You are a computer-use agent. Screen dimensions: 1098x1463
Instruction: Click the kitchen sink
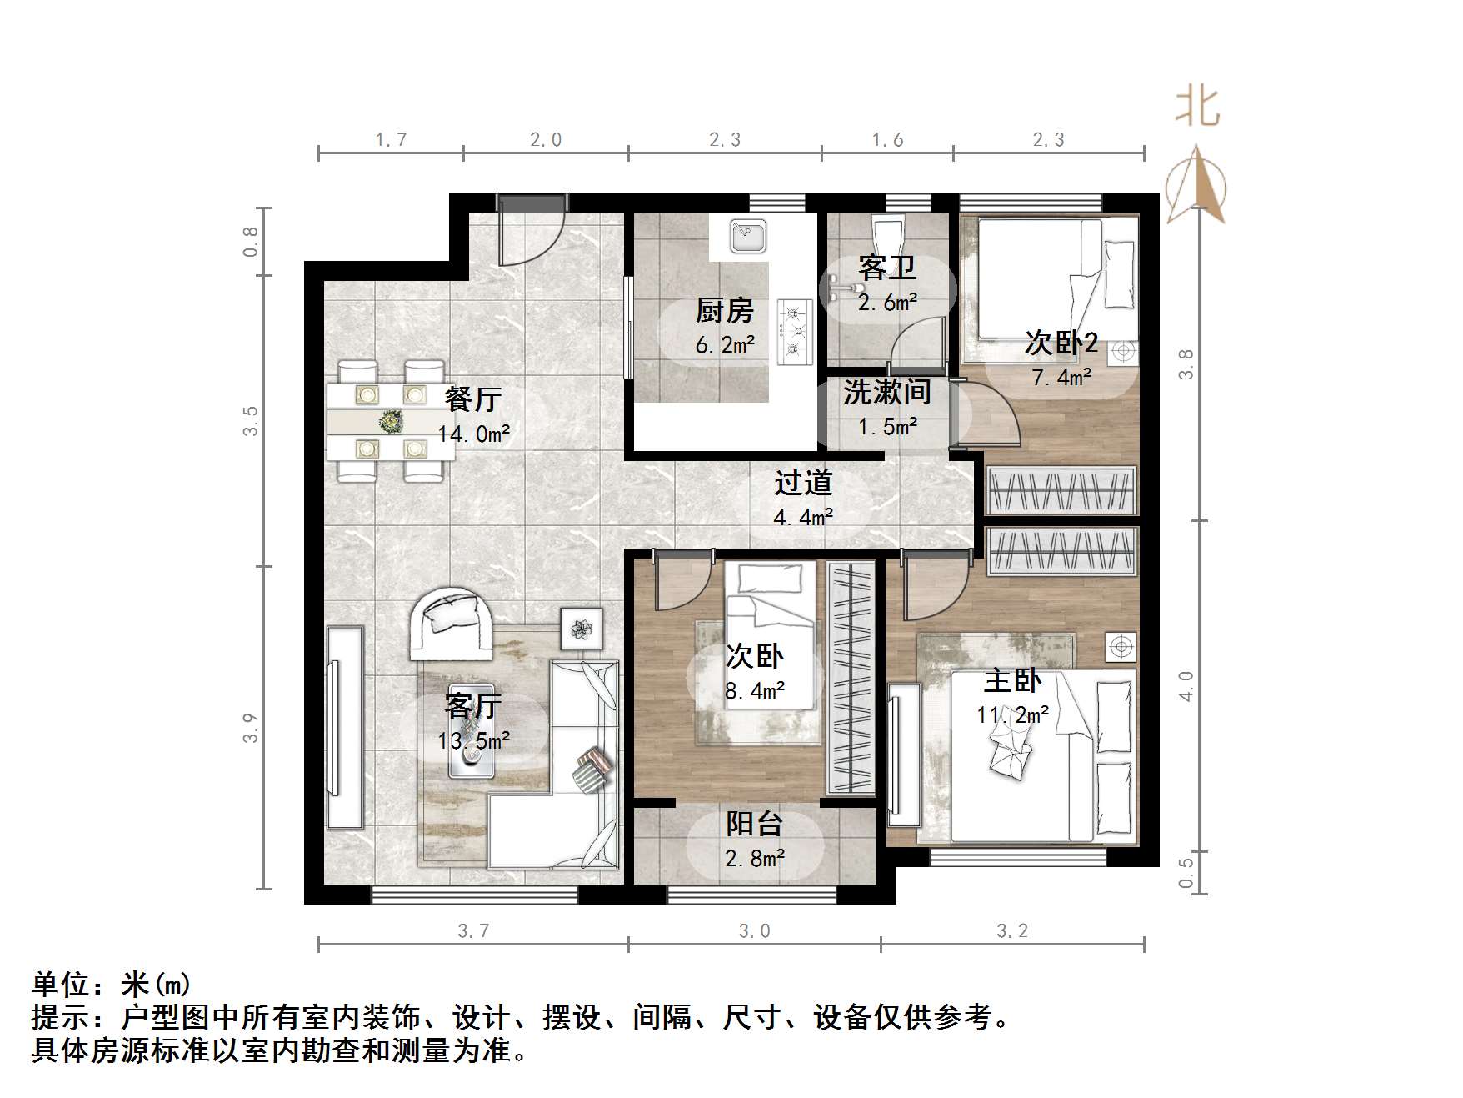748,236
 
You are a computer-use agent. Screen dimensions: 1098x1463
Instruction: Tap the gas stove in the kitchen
794,332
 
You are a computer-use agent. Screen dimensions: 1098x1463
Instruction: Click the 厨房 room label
724,311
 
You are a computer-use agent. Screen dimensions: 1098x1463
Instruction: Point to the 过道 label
803,484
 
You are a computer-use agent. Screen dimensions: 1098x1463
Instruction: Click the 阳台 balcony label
754,824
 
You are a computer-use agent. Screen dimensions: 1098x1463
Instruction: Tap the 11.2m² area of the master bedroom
1012,714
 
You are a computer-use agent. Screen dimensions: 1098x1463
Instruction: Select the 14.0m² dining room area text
473,434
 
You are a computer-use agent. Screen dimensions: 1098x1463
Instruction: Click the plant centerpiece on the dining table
390,422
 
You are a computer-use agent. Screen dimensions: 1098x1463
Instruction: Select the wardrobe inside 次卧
851,678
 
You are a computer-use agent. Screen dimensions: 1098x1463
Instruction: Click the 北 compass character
1197,108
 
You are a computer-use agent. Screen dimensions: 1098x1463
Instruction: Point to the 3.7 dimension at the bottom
473,930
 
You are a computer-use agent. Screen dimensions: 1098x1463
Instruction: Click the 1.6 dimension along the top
887,139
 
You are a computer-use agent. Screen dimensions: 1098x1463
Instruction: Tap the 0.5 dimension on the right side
1186,872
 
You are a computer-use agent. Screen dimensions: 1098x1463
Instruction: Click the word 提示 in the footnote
61,1017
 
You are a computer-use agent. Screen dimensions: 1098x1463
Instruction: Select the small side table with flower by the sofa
582,629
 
